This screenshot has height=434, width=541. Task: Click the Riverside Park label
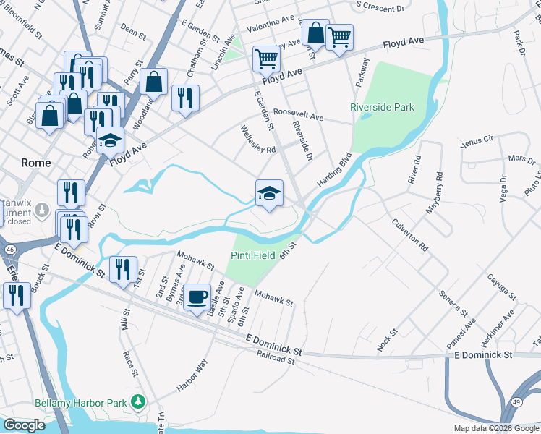tap(382, 107)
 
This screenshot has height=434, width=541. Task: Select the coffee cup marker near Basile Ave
tap(197, 297)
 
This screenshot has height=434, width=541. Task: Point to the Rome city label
tap(36, 163)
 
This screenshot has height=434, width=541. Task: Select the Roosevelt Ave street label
tap(298, 115)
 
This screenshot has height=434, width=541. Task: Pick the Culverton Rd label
tap(409, 234)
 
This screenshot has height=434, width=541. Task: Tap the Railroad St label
tap(276, 357)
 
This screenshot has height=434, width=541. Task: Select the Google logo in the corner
tap(25, 425)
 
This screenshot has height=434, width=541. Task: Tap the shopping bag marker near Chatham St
tap(154, 81)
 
